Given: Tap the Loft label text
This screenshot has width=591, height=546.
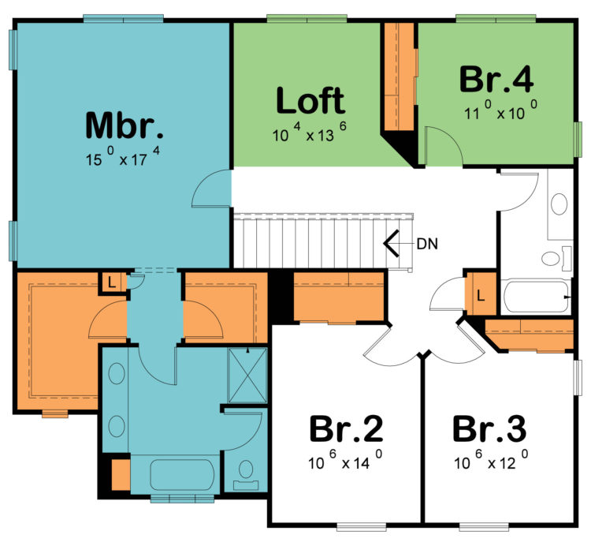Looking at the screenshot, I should [x=310, y=102].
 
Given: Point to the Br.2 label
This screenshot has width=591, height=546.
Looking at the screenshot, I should [x=346, y=429].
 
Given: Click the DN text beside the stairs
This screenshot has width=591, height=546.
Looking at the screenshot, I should [x=427, y=243].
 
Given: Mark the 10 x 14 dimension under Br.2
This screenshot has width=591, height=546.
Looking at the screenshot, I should [x=346, y=462].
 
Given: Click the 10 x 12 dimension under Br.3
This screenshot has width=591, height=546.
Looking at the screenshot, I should [x=490, y=462].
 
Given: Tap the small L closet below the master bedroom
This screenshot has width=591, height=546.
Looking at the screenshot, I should [x=111, y=282].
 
